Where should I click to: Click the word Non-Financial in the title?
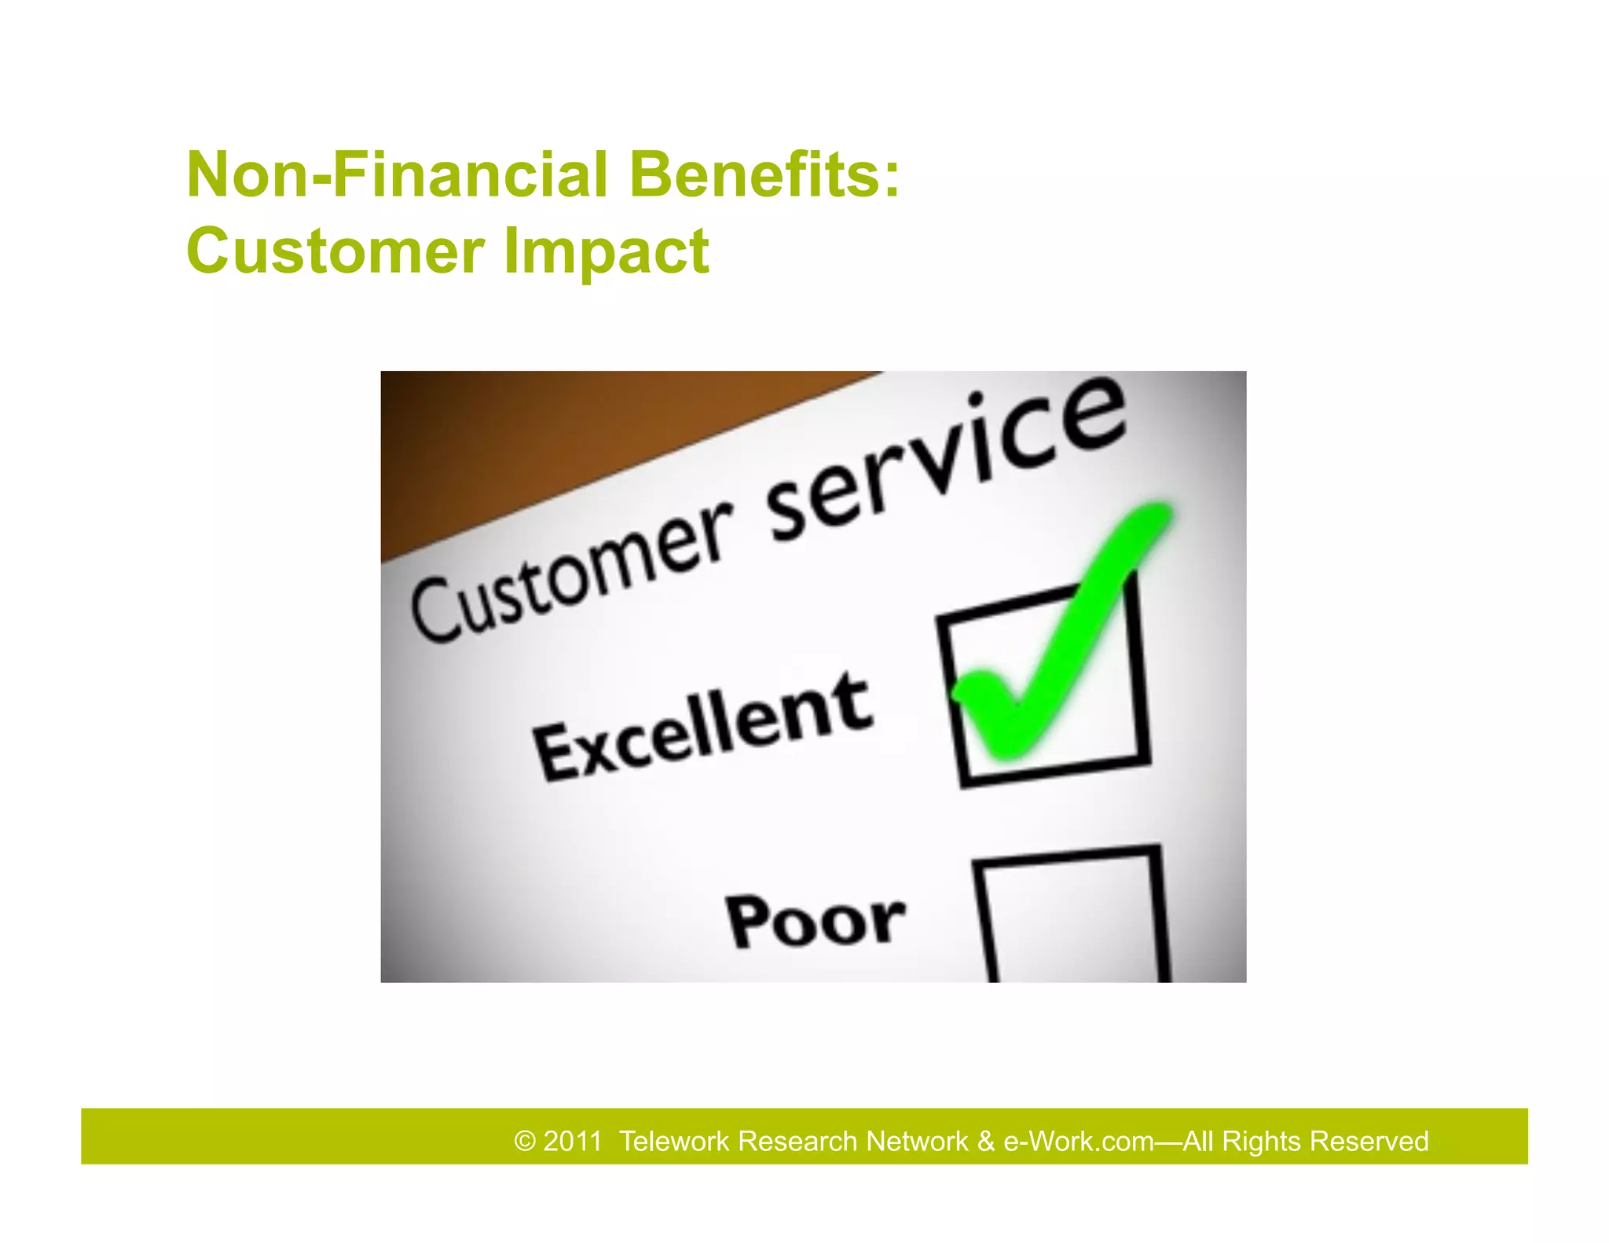[397, 174]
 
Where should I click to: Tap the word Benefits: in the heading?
[764, 174]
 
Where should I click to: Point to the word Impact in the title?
[606, 252]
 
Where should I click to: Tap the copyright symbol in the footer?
[525, 1141]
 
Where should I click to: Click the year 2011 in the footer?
[573, 1141]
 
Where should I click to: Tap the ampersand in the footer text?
[986, 1141]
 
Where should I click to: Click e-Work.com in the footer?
[1078, 1141]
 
